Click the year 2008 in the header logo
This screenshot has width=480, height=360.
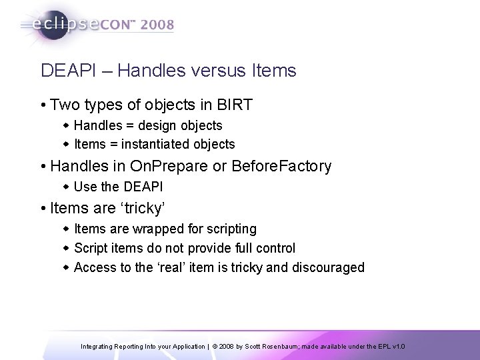click(x=155, y=25)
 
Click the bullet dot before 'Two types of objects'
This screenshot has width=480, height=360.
click(x=43, y=105)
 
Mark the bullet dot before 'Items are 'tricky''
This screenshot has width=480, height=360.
click(x=43, y=209)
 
